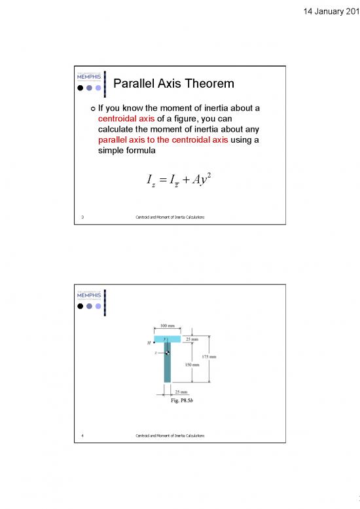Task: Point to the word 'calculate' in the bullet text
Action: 118,131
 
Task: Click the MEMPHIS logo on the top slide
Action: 88,76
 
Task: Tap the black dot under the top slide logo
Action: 81,87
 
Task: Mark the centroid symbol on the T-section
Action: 168,354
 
